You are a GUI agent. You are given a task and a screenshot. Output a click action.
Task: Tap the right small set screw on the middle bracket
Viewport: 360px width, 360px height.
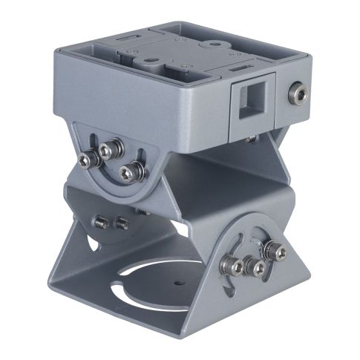point(121,222)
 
